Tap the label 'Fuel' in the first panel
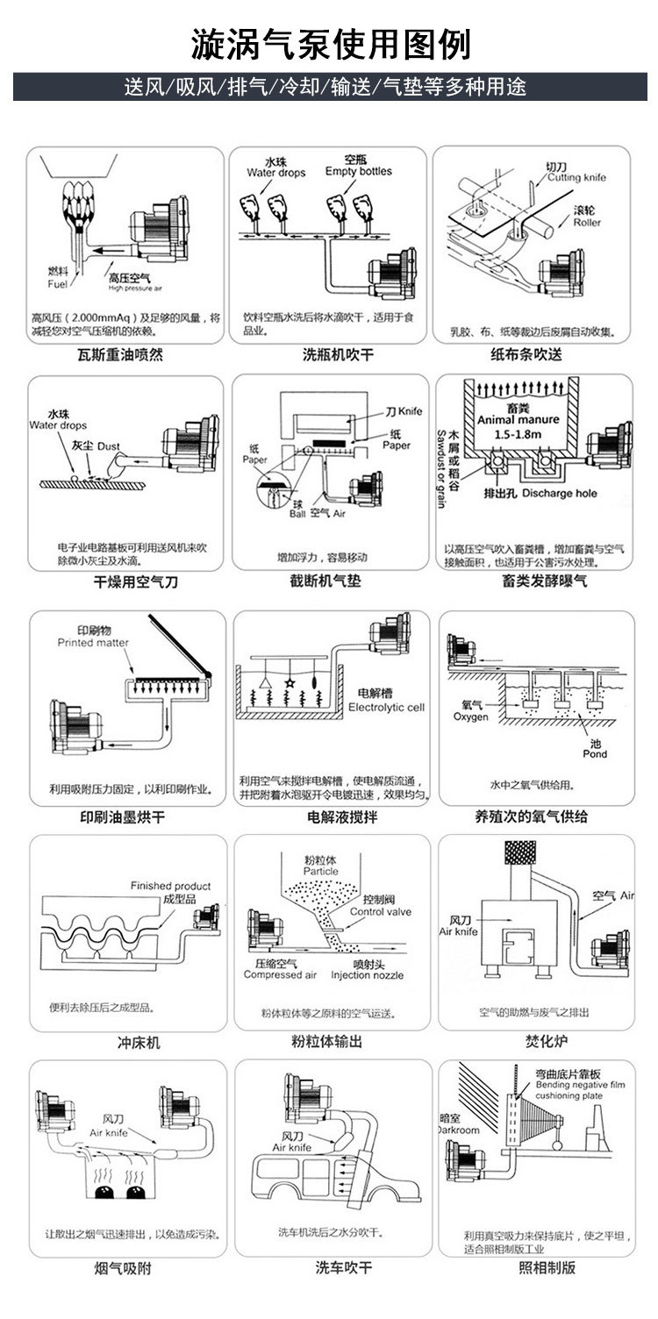(56, 284)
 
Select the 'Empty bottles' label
(358, 171)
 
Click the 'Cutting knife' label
(576, 177)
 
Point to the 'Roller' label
(587, 223)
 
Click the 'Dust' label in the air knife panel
(108, 446)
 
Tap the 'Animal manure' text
(518, 420)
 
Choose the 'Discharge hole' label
(559, 493)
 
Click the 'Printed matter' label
(93, 643)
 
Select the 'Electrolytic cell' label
(386, 707)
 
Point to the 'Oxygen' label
(470, 717)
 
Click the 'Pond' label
(595, 753)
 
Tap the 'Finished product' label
(170, 886)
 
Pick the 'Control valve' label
(380, 912)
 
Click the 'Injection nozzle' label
(367, 974)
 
